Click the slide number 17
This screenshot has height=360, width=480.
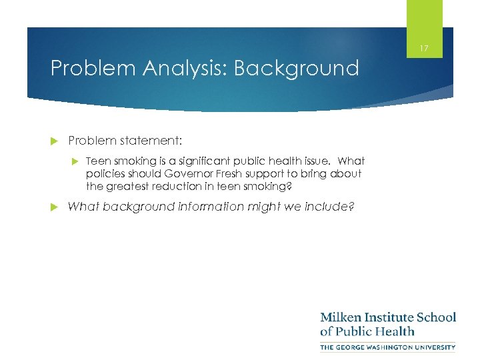click(x=424, y=48)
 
